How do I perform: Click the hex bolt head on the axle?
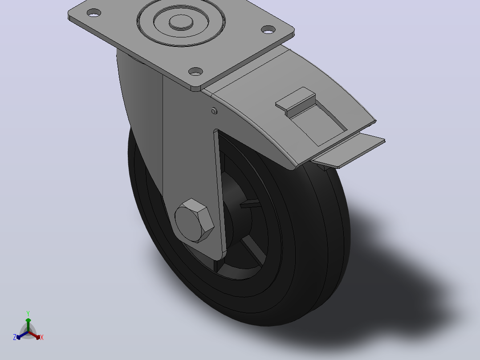(x=194, y=221)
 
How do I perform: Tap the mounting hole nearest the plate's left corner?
(x=94, y=13)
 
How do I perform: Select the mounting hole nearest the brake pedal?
(x=268, y=29)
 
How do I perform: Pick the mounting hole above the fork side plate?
(x=195, y=72)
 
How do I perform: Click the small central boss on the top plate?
(x=181, y=22)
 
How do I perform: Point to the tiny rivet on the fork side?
(x=214, y=111)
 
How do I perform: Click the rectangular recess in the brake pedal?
(x=318, y=123)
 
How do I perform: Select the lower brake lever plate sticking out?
(x=349, y=150)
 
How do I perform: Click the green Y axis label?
(x=28, y=313)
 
